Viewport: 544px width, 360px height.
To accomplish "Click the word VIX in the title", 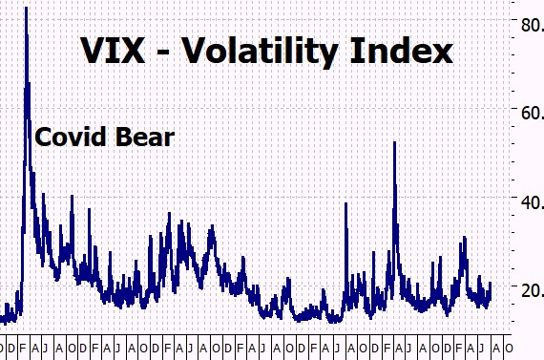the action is (x=113, y=51).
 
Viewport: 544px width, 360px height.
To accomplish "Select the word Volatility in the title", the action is (x=261, y=52).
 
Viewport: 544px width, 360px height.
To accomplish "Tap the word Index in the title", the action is (x=402, y=50).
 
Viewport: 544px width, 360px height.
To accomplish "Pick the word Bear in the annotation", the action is (x=145, y=137).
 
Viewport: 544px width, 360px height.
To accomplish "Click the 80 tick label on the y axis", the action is (x=533, y=25).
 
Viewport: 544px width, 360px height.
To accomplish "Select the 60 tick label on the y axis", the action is (x=533, y=114).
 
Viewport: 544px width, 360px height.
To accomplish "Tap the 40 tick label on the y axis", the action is (x=533, y=202).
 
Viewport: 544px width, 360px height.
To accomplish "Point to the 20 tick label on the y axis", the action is (x=533, y=290).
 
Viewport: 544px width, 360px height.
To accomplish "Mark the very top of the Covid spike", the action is (x=26, y=8).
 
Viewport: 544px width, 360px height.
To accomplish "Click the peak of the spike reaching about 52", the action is (x=394, y=142).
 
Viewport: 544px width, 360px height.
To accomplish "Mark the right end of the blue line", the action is (x=491, y=283).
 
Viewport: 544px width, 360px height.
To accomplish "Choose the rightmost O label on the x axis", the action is (x=509, y=348).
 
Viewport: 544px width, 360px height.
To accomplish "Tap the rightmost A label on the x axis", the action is (x=496, y=348).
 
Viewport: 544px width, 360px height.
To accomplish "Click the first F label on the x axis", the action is (x=23, y=348).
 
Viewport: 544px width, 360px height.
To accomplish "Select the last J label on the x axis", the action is (x=481, y=348).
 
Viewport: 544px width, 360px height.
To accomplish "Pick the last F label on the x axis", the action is (x=458, y=348).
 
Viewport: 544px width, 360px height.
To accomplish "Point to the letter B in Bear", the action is (x=123, y=137).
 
